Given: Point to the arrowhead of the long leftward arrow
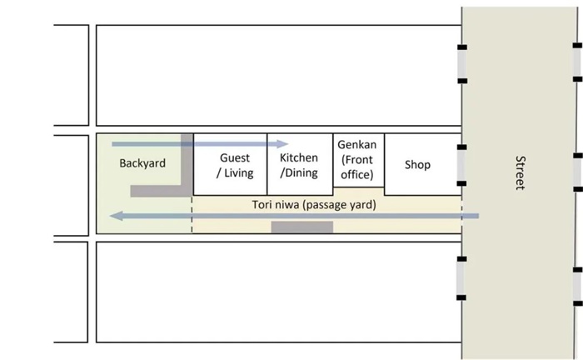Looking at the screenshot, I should tap(117, 217).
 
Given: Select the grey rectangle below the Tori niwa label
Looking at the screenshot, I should tap(301, 226).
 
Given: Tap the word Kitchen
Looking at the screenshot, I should tap(299, 158).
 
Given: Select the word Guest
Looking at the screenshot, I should tap(235, 158).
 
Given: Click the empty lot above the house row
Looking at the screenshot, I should tap(278, 75).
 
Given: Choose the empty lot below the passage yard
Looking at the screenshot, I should tap(278, 292).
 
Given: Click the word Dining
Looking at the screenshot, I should tap(300, 173).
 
